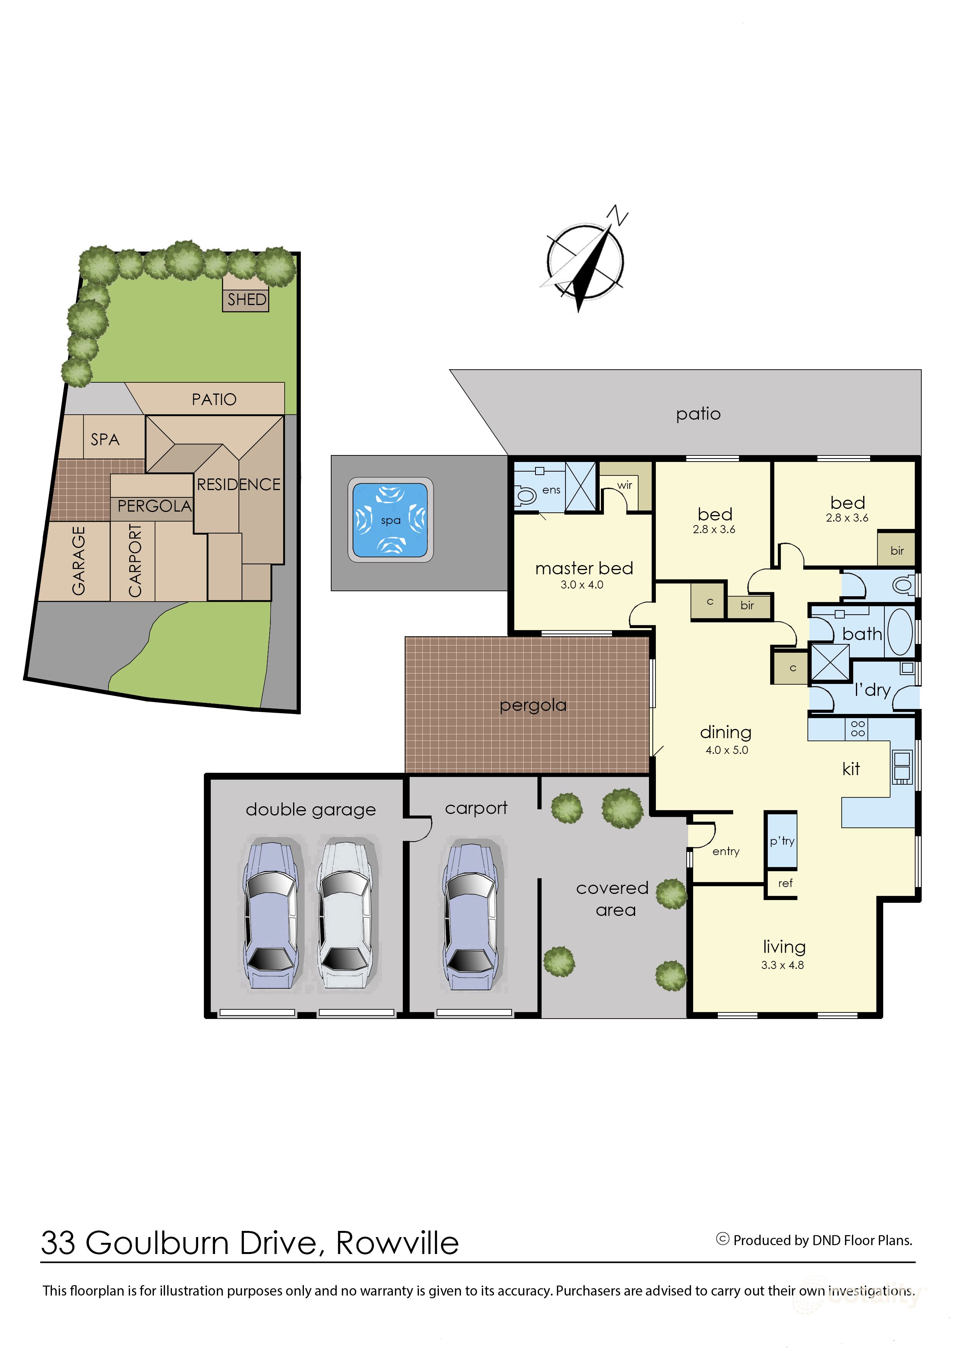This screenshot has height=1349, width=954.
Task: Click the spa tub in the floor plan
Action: (x=391, y=520)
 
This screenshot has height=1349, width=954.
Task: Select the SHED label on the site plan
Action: (x=247, y=300)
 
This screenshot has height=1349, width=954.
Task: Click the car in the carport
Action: (x=472, y=917)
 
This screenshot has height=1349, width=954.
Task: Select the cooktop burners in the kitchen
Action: (x=858, y=729)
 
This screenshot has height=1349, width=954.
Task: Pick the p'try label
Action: (x=782, y=841)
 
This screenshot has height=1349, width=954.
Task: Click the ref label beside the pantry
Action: (x=786, y=883)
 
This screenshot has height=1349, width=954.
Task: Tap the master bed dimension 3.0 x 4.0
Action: (x=582, y=585)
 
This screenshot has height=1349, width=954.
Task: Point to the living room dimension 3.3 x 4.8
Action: (x=782, y=965)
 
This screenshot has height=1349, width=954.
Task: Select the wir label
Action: (x=624, y=485)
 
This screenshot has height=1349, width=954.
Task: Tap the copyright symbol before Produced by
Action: (x=722, y=1239)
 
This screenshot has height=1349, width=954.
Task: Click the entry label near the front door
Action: (x=726, y=851)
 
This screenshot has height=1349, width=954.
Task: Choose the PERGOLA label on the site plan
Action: (x=155, y=506)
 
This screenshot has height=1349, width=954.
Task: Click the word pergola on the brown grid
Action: (x=533, y=705)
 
